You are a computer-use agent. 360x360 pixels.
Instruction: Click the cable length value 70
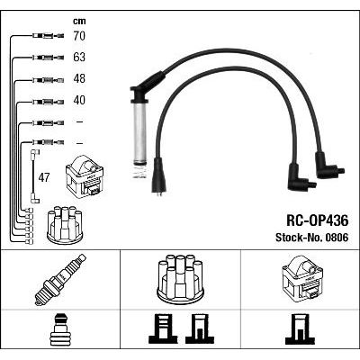pos(79,36)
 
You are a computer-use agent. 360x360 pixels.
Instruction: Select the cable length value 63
pos(79,57)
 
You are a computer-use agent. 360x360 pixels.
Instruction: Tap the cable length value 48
pos(79,78)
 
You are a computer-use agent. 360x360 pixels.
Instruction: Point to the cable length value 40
pos(79,100)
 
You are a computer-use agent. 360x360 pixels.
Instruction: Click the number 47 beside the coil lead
pos(44,178)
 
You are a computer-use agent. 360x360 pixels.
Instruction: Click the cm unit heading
pos(79,21)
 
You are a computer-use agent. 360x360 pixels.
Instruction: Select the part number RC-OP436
pos(318,221)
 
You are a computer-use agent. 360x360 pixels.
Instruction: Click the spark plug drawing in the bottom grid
pos(60,280)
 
